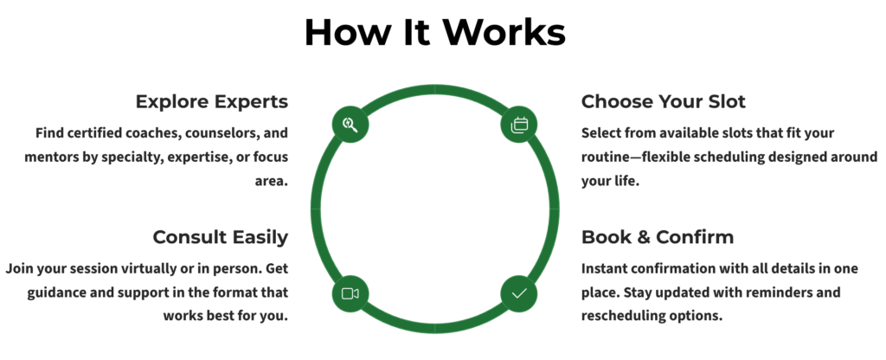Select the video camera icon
[350, 293]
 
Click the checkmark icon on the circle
[519, 293]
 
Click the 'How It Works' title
[434, 33]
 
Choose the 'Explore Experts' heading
[211, 101]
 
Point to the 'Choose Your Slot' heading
[663, 101]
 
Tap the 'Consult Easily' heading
[220, 236]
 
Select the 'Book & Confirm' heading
[658, 236]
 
